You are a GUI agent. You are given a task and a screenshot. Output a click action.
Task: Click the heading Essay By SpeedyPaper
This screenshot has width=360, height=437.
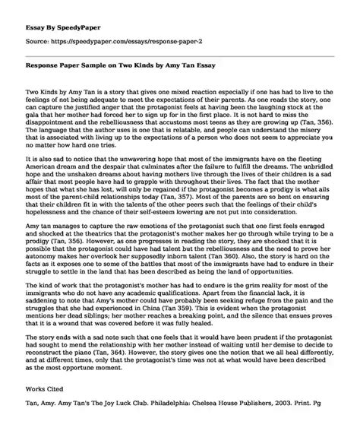53,13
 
